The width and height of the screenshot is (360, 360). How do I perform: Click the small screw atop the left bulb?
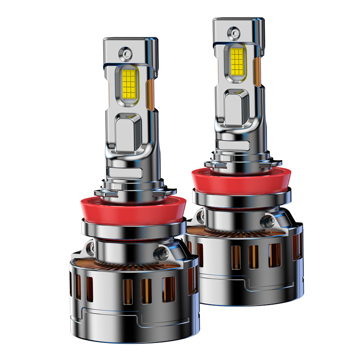click(x=125, y=54)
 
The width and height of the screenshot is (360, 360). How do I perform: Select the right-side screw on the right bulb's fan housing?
click(x=270, y=220)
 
